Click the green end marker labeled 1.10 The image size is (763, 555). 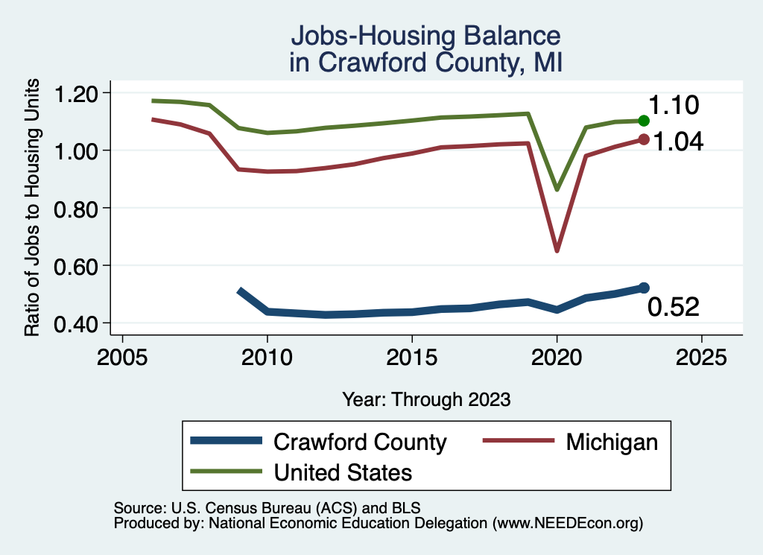(645, 121)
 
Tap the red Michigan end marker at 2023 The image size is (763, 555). (645, 139)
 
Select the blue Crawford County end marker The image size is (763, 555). (645, 288)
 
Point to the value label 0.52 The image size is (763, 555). (674, 307)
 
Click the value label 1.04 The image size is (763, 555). (678, 142)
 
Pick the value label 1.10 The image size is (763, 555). (674, 105)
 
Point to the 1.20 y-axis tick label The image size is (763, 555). (77, 93)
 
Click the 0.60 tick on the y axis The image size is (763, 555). (77, 266)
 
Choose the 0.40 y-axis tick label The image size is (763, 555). (77, 323)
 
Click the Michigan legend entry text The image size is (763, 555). (612, 442)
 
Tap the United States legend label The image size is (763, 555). (343, 472)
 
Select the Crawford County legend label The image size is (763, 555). (360, 442)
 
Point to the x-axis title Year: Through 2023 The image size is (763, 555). (426, 399)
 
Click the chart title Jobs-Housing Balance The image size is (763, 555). (425, 36)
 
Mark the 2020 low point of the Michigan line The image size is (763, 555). (557, 250)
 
